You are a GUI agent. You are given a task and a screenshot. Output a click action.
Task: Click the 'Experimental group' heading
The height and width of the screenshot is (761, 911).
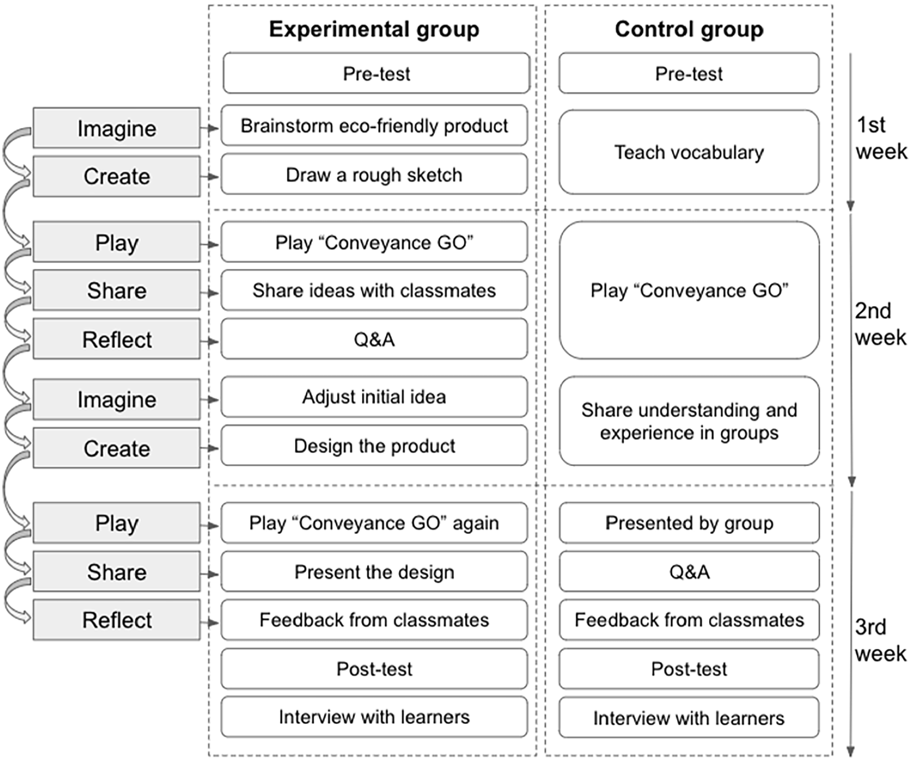(x=374, y=29)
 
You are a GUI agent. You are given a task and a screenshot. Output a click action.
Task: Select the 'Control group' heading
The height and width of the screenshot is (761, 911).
(x=689, y=29)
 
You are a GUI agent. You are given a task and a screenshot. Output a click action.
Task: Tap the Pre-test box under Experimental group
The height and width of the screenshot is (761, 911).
(x=377, y=73)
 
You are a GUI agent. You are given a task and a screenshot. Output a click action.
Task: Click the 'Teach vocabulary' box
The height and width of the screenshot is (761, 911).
(x=689, y=152)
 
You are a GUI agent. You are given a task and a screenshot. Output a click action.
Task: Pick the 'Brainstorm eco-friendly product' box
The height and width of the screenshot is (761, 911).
(x=374, y=125)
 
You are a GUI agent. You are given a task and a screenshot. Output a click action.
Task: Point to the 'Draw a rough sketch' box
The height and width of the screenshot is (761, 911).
(x=374, y=174)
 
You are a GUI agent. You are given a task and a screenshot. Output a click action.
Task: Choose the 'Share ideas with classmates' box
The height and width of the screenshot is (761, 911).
(x=374, y=290)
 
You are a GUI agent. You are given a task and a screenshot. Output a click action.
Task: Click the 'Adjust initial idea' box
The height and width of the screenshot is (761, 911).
(x=374, y=397)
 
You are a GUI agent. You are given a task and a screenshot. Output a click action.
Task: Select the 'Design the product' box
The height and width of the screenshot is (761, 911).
(x=374, y=445)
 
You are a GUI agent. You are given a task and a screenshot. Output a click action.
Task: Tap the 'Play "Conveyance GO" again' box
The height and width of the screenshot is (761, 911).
(x=374, y=523)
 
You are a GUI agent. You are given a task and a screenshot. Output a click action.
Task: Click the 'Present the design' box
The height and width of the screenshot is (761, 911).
(x=374, y=572)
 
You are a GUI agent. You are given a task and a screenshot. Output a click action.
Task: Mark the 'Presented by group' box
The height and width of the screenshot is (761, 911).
(x=689, y=523)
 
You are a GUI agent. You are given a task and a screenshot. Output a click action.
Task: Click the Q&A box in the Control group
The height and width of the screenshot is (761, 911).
(x=689, y=572)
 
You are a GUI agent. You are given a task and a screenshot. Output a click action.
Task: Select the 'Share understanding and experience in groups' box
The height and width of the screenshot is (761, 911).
(x=689, y=421)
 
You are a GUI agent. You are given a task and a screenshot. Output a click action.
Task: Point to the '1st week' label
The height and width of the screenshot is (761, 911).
(x=881, y=138)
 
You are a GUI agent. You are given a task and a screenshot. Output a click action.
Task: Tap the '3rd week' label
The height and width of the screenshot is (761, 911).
(x=881, y=640)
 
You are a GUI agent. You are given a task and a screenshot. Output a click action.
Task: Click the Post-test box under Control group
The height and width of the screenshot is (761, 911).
(x=689, y=669)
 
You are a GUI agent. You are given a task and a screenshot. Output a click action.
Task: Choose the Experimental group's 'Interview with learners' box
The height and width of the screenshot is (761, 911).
(x=374, y=717)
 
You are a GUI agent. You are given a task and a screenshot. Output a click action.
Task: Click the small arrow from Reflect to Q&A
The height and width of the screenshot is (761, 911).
(x=209, y=341)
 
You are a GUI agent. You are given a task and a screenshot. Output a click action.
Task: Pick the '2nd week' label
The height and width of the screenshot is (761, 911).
(x=881, y=324)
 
